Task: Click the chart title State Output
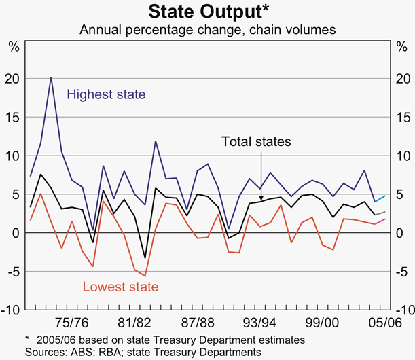pyautogui.click(x=207, y=12)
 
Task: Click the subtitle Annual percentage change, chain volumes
pyautogui.click(x=207, y=31)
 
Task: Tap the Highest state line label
pyautogui.click(x=106, y=94)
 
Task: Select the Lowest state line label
pyautogui.click(x=120, y=287)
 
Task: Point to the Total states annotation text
pyautogui.click(x=256, y=142)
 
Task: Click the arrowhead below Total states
pyautogui.click(x=261, y=198)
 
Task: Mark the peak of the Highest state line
pyautogui.click(x=51, y=77)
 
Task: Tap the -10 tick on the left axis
pyautogui.click(x=12, y=310)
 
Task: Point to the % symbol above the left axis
pyautogui.click(x=14, y=47)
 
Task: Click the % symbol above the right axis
pyautogui.click(x=401, y=47)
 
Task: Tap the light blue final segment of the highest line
pyautogui.click(x=380, y=198)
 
